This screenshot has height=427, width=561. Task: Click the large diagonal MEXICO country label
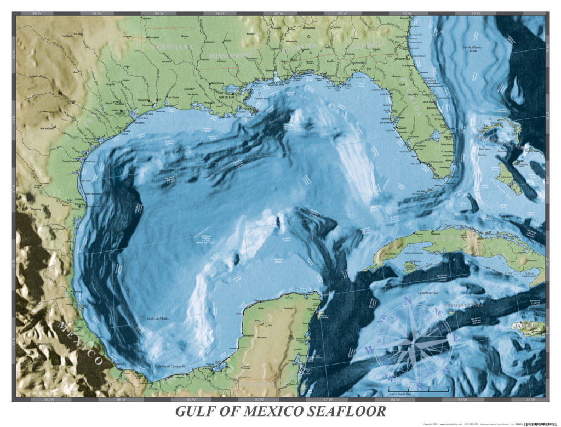tap(81, 343)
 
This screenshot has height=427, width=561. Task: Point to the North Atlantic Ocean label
tap(474, 50)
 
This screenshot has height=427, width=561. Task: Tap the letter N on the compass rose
tap(407, 300)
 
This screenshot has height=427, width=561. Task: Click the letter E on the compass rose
tap(454, 338)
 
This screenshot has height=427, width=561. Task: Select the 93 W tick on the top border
tap(159, 13)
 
